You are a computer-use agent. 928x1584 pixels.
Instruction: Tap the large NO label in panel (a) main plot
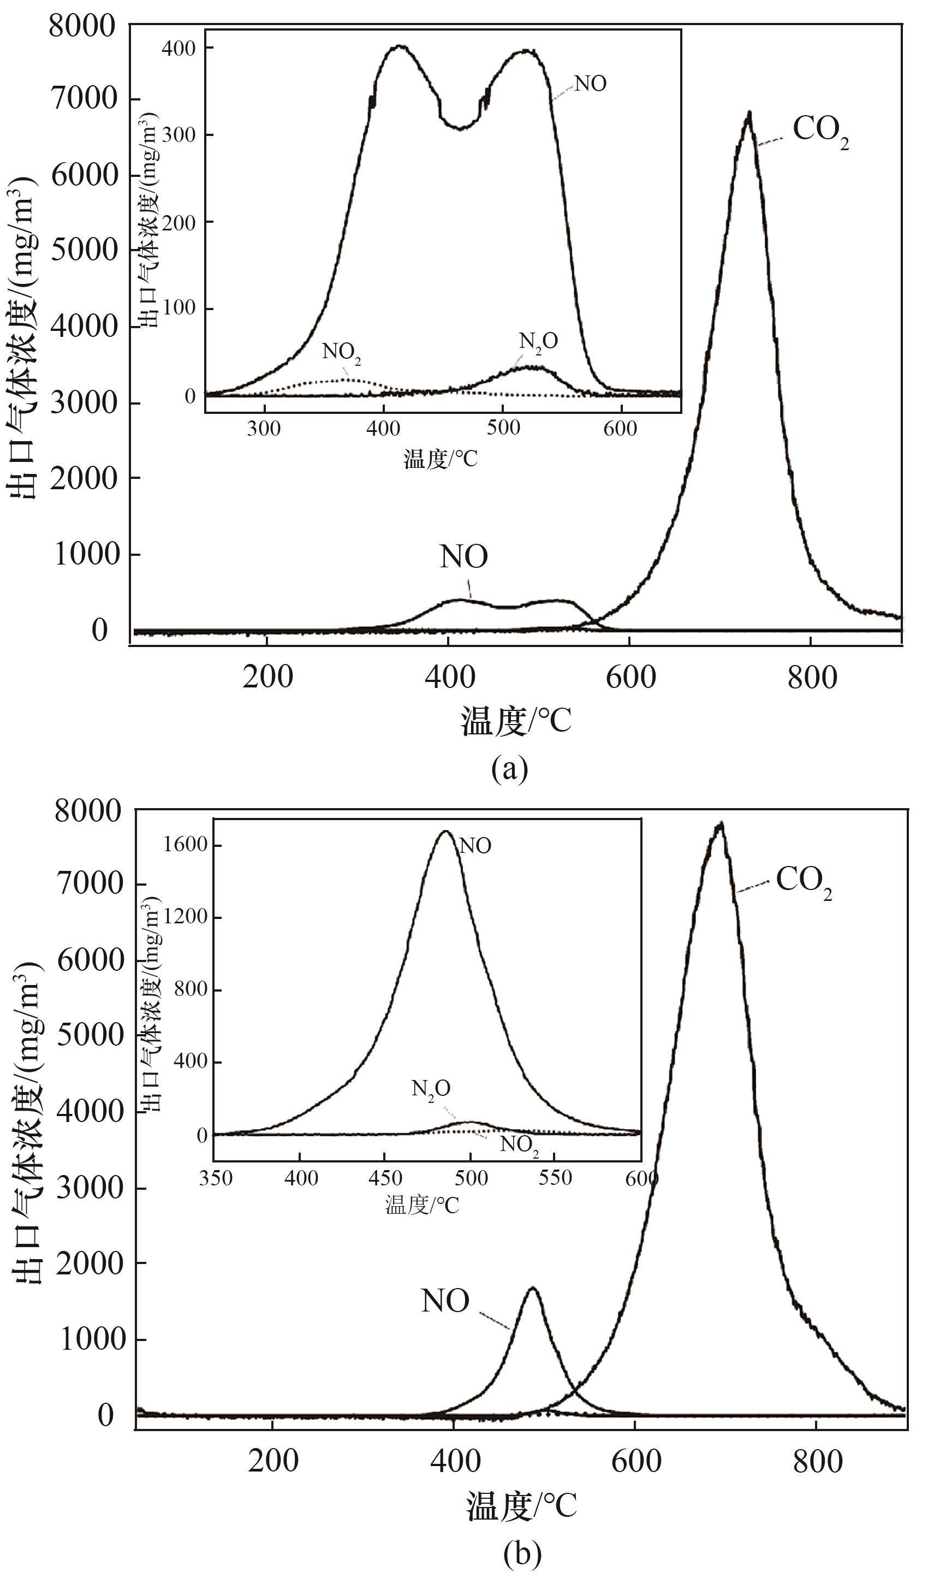[463, 557]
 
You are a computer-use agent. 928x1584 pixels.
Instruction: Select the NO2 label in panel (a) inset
[342, 353]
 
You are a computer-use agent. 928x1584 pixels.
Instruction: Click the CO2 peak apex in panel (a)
[749, 114]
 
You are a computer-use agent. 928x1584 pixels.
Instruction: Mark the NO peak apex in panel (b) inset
[445, 831]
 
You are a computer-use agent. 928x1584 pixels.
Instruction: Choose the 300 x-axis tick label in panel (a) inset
[264, 429]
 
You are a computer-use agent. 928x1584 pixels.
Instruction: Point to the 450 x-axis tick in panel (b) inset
[384, 1177]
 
